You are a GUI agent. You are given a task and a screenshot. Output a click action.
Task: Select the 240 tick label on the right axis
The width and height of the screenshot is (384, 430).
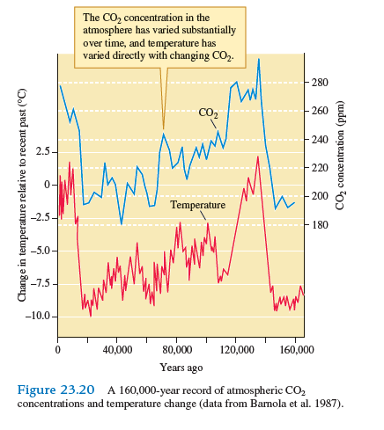pos(319,140)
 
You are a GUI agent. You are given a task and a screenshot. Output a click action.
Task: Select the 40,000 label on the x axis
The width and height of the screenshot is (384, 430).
pos(117,349)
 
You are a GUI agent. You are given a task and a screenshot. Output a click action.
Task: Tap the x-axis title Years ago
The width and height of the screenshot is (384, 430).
pos(181,367)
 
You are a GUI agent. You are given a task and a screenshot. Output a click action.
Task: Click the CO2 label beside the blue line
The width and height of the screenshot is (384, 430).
pos(208,113)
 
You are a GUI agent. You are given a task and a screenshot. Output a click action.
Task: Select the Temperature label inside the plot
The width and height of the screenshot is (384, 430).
pos(197,205)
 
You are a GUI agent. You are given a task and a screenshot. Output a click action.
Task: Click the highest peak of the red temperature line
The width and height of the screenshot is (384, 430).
pos(257,157)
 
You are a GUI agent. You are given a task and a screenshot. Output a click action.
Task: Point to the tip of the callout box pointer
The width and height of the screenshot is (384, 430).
pos(163,130)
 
